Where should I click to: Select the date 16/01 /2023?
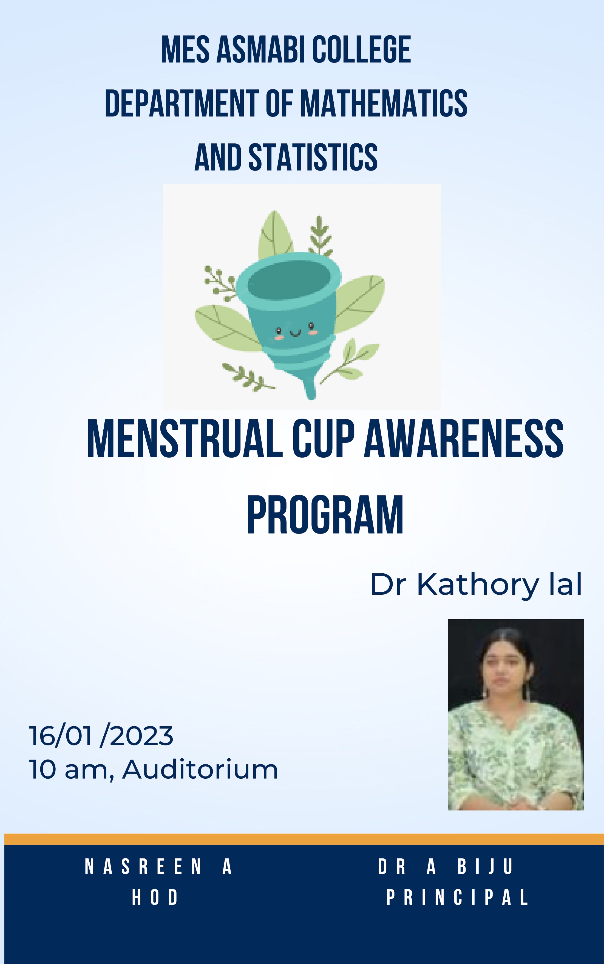101,736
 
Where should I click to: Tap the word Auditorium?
200,769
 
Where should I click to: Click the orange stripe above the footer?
304,839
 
